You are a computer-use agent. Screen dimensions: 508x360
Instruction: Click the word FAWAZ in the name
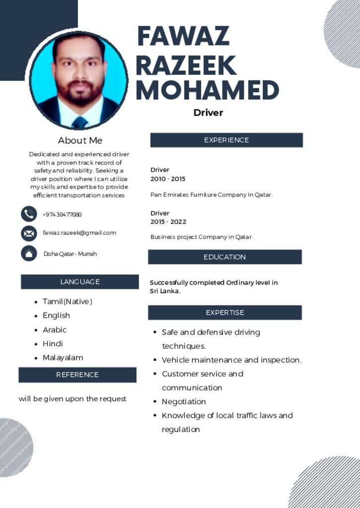[x=183, y=36]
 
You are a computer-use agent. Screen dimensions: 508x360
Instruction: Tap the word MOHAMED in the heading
[x=207, y=90]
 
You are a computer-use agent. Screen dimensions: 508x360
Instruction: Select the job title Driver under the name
[x=208, y=113]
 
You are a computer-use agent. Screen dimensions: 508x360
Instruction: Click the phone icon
[x=29, y=214]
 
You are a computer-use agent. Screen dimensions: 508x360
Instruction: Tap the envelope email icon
[x=29, y=233]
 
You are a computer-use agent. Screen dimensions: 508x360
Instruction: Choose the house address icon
[x=29, y=253]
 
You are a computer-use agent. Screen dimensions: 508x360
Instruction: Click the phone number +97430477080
[x=62, y=214]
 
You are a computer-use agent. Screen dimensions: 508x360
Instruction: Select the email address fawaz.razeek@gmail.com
[x=79, y=233]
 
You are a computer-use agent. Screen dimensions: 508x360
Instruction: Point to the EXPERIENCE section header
[x=226, y=140]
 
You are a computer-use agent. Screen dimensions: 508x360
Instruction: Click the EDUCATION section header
[x=224, y=257]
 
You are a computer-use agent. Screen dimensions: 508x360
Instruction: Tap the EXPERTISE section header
[x=225, y=313]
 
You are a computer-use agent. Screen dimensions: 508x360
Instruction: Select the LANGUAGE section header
[x=80, y=282]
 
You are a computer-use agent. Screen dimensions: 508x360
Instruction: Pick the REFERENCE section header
[x=77, y=375]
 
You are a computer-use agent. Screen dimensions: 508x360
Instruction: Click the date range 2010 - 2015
[x=168, y=179]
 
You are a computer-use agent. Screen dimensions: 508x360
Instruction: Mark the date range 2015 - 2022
[x=168, y=222]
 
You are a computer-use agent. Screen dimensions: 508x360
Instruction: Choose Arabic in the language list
[x=55, y=329]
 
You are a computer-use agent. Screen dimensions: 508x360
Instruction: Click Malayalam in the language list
[x=63, y=357]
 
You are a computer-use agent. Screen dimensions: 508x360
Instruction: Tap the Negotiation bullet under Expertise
[x=184, y=401]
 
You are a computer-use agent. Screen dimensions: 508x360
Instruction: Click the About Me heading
[x=80, y=140]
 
